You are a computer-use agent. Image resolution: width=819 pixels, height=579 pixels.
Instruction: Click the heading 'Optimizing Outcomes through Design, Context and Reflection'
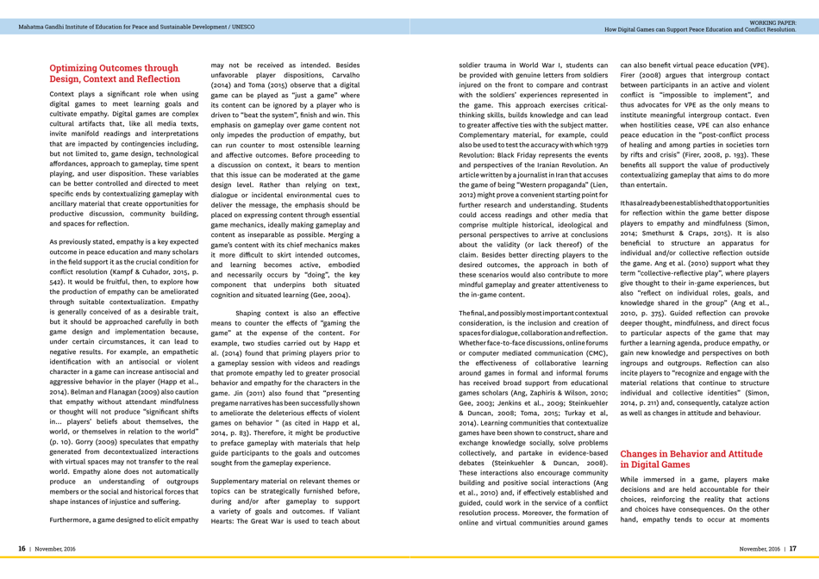(115, 73)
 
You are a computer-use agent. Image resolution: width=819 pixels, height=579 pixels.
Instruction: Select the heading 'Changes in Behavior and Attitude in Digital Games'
(691, 458)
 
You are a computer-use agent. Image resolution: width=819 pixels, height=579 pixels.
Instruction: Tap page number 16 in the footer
(23, 549)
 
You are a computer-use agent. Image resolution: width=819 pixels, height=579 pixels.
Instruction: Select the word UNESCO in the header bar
(242, 27)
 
